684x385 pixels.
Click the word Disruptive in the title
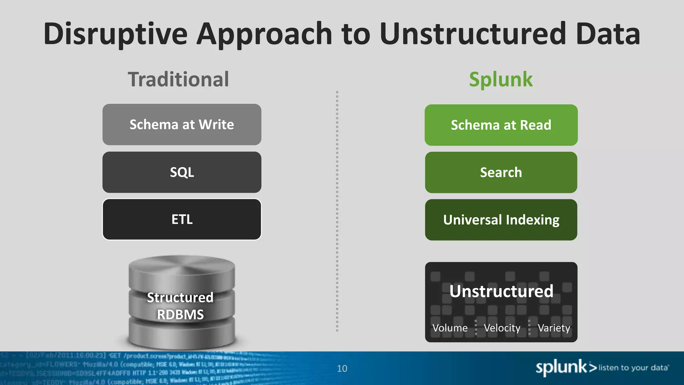click(115, 34)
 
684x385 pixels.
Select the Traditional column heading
click(178, 80)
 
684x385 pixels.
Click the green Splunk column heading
click(501, 80)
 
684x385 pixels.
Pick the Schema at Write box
click(182, 124)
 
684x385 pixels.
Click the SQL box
click(182, 172)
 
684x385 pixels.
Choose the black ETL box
click(182, 220)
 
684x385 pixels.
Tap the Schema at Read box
click(501, 125)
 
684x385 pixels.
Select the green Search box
click(501, 172)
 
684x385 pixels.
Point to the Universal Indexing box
click(501, 220)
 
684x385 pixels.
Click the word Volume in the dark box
click(450, 328)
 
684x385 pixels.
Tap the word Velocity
click(502, 328)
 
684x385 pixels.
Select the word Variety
click(554, 328)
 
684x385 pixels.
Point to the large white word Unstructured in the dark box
click(501, 291)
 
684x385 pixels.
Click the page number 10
click(342, 368)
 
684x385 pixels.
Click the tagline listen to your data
click(633, 368)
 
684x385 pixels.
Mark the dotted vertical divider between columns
click(337, 211)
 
